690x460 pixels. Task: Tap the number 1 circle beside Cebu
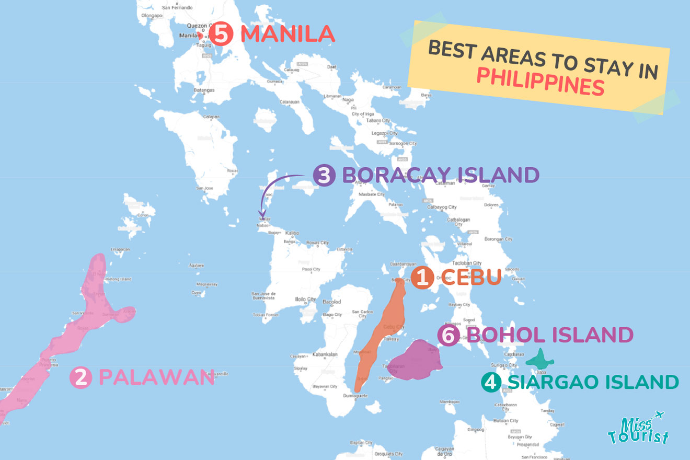click(x=421, y=278)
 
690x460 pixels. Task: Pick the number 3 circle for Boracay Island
click(x=324, y=176)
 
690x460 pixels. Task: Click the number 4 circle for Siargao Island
click(x=491, y=382)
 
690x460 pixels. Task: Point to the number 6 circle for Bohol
click(x=448, y=336)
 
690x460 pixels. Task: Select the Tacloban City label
click(x=467, y=263)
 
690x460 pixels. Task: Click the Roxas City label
click(x=318, y=243)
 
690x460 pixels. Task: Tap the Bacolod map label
click(x=332, y=302)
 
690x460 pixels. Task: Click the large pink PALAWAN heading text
click(x=156, y=378)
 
